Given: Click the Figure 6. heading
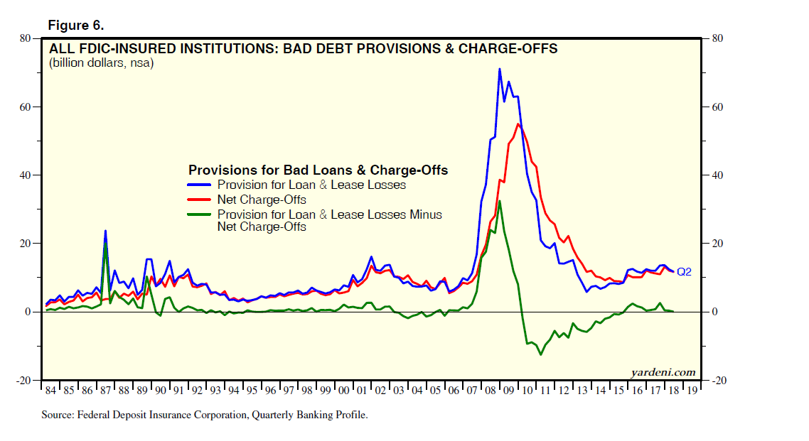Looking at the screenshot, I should (x=75, y=26).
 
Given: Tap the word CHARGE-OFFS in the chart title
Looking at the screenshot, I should (x=517, y=49).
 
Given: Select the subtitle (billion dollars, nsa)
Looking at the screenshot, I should (x=101, y=63).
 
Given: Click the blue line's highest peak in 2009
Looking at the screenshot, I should (x=500, y=69).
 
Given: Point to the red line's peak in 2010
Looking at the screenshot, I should (x=518, y=124).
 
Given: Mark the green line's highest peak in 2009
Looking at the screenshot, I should (x=500, y=201).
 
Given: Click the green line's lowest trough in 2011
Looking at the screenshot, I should (x=540, y=354).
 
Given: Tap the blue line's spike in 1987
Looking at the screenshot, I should (x=105, y=231).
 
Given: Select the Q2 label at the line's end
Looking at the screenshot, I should (x=684, y=271).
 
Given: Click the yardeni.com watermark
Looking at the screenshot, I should (x=663, y=372).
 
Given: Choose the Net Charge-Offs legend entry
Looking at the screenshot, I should (x=262, y=200).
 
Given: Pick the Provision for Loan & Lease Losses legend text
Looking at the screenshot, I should (x=311, y=185).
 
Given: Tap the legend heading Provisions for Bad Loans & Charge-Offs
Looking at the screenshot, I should (x=318, y=170).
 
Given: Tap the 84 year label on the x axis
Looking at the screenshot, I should (x=50, y=391).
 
